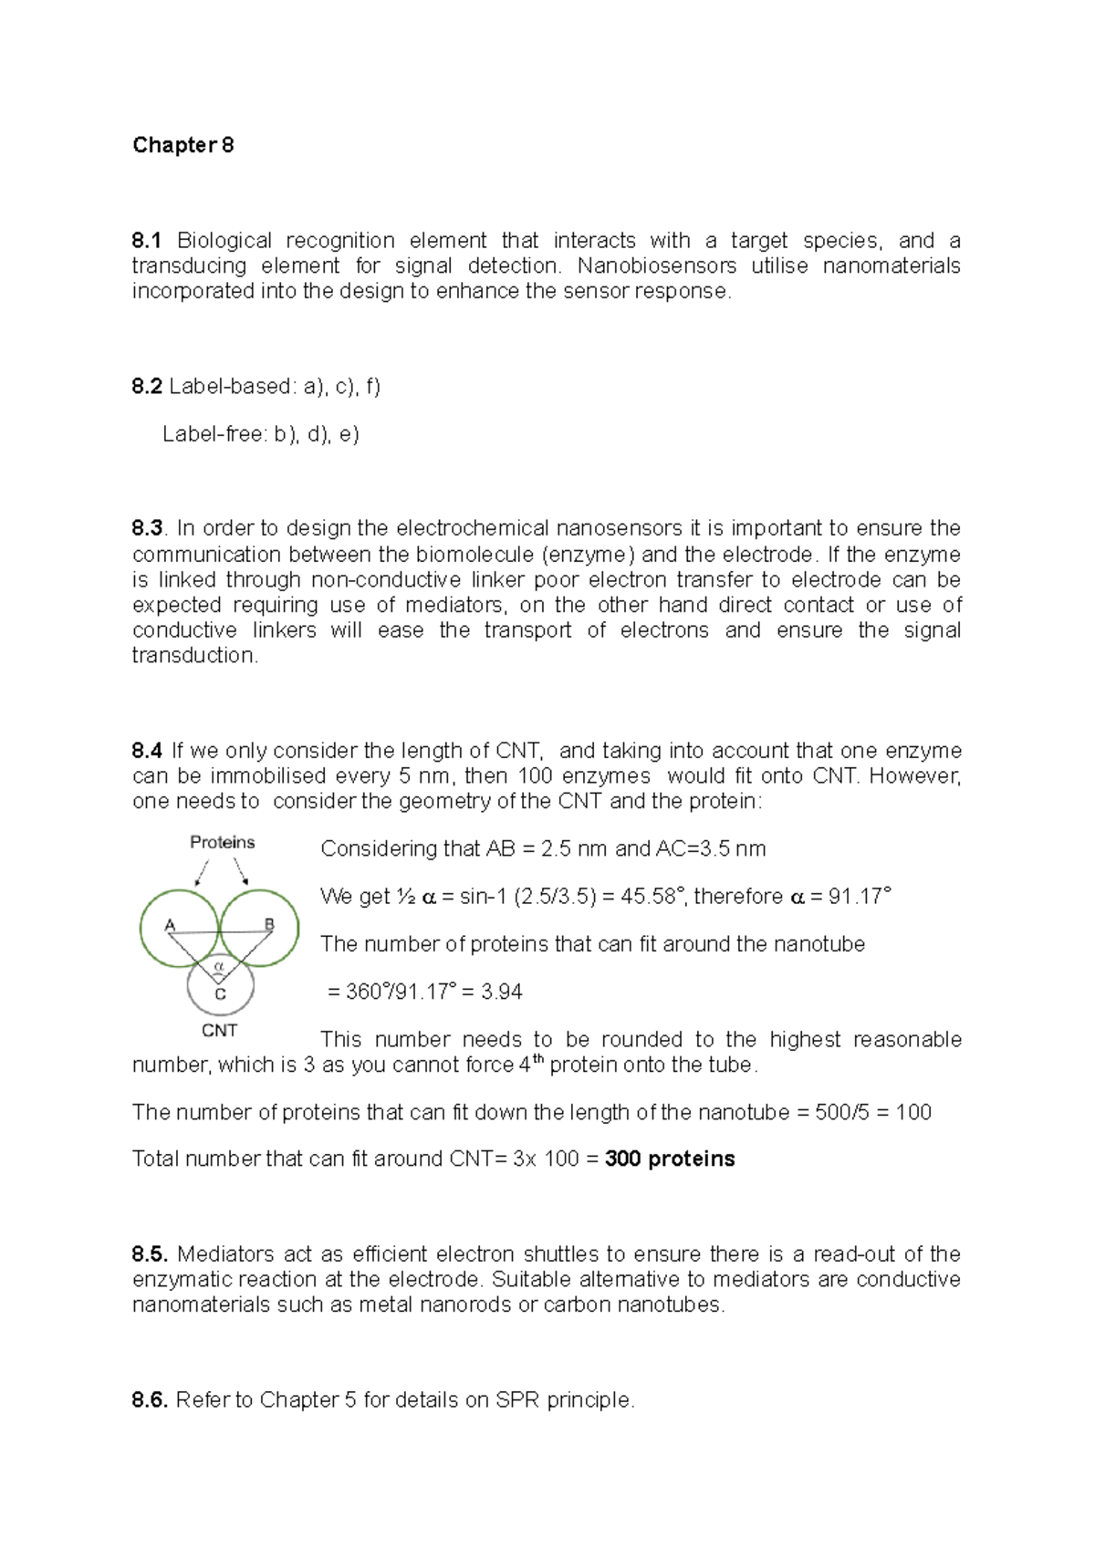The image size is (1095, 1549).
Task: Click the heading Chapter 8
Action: pyautogui.click(x=182, y=145)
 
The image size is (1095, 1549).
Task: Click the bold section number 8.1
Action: pyautogui.click(x=146, y=241)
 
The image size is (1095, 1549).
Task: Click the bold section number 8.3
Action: pyautogui.click(x=147, y=528)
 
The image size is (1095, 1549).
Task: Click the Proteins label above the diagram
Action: pyautogui.click(x=222, y=842)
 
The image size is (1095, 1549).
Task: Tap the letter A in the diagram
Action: pyautogui.click(x=170, y=925)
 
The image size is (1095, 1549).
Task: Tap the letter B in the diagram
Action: pyautogui.click(x=269, y=924)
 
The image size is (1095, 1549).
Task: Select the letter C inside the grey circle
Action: pyautogui.click(x=220, y=994)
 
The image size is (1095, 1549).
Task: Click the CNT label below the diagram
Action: pyautogui.click(x=219, y=1031)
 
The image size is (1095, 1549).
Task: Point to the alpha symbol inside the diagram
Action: pyautogui.click(x=219, y=965)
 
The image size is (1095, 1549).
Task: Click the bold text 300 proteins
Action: pyautogui.click(x=670, y=1159)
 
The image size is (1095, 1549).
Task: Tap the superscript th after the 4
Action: pyautogui.click(x=538, y=1059)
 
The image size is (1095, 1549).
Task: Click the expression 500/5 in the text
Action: pyautogui.click(x=842, y=1112)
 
